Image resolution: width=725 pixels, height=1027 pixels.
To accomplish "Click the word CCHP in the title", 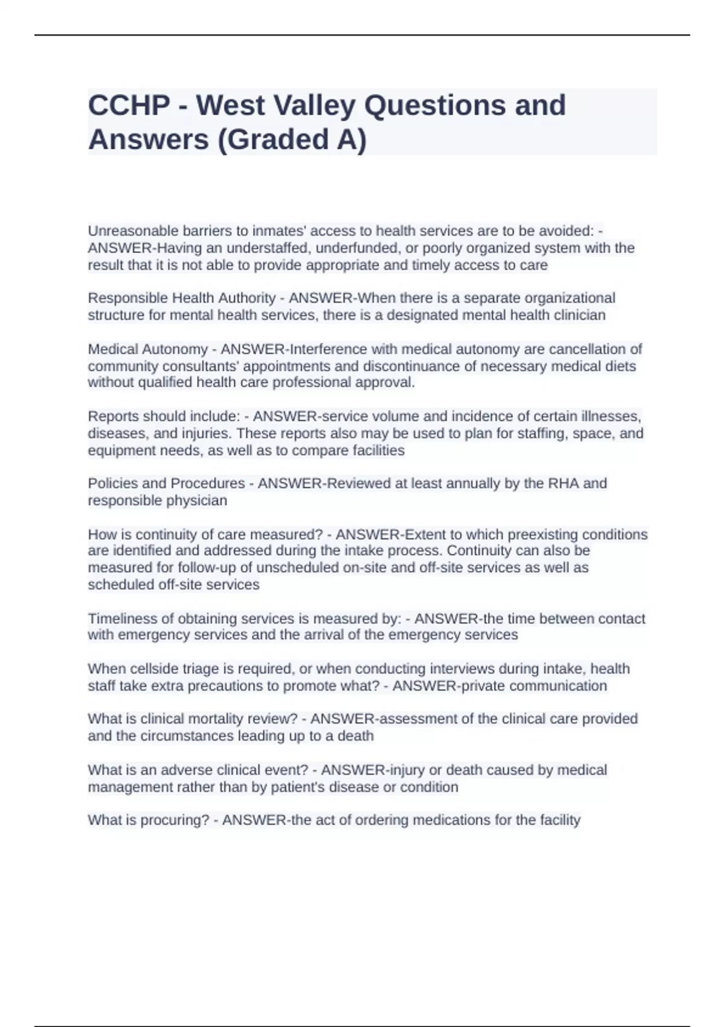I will coord(129,106).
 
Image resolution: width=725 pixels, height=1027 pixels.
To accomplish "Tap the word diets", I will coord(619,366).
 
